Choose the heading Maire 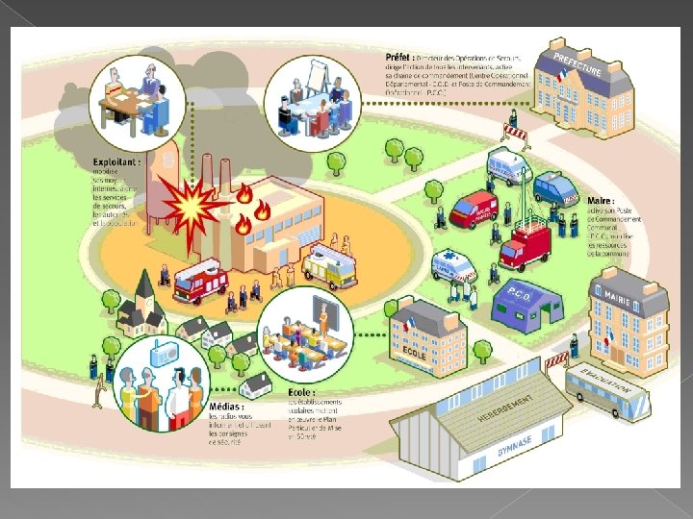click(x=599, y=201)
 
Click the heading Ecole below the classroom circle click(x=299, y=392)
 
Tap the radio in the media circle click(x=161, y=356)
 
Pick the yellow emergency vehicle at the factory click(x=328, y=266)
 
